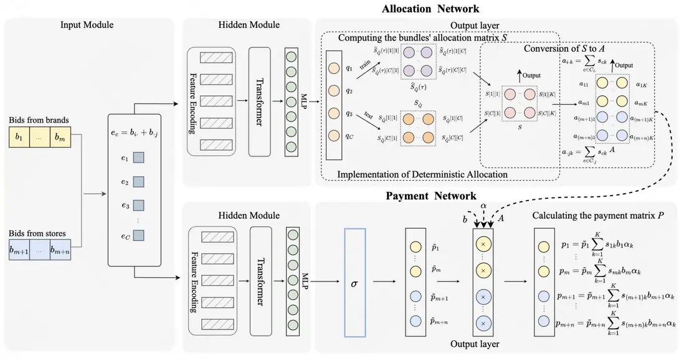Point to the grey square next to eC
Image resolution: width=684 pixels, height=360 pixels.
coord(138,235)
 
